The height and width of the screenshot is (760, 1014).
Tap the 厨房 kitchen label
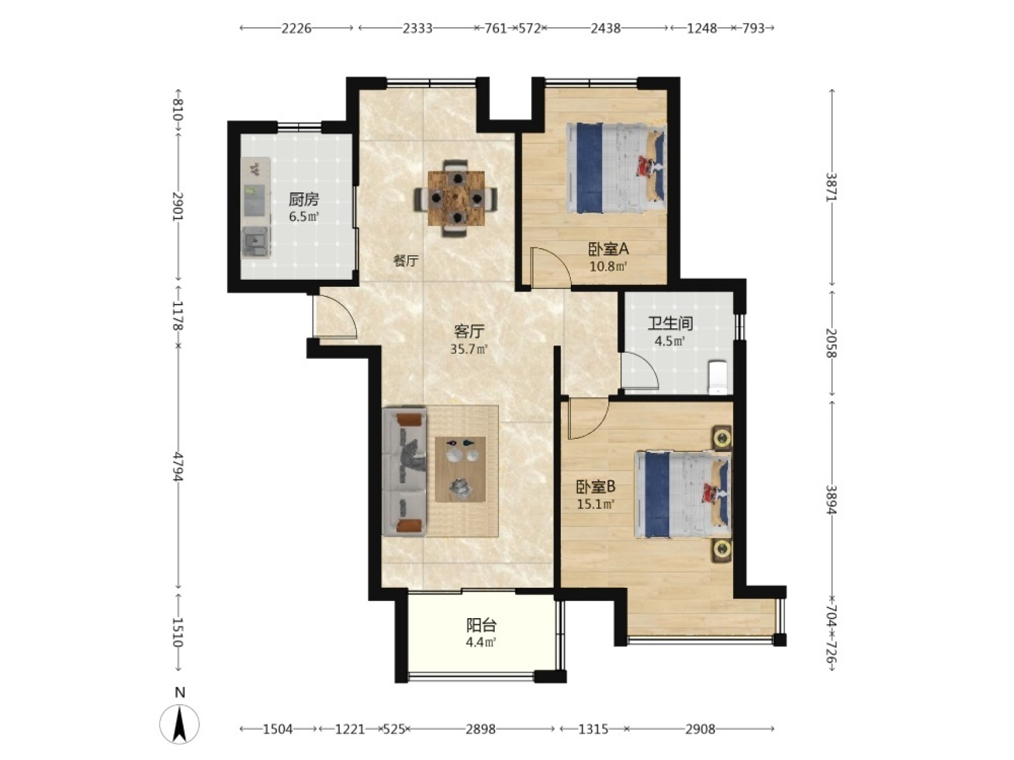(x=304, y=199)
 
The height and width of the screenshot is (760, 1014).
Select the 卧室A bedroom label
(x=608, y=249)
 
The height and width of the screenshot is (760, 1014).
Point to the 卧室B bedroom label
(x=595, y=487)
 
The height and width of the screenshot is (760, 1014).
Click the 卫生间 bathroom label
(x=670, y=324)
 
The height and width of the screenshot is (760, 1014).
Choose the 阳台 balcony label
(x=481, y=625)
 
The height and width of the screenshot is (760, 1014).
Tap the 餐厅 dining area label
(x=406, y=261)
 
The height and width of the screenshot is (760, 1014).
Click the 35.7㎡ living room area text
(x=469, y=349)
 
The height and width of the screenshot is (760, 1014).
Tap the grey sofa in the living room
(x=405, y=471)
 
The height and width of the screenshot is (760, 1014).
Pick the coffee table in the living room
(x=460, y=469)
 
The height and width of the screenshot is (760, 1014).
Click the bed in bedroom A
(x=615, y=167)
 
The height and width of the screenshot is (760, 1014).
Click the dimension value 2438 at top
(x=605, y=28)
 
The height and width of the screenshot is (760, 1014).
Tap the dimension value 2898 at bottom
(x=481, y=729)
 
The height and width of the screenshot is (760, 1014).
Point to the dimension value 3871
(x=831, y=187)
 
